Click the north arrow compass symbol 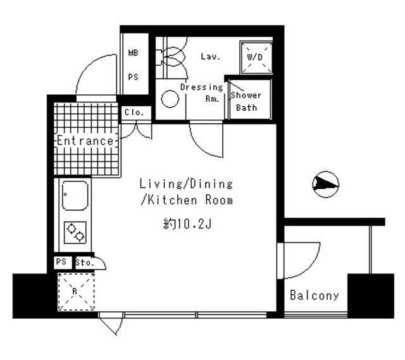[325, 184]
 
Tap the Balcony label [315, 295]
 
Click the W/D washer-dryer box [256, 57]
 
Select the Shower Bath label [246, 101]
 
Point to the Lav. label [210, 57]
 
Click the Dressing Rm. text [202, 92]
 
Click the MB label [134, 54]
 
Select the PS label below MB [134, 77]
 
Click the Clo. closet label [135, 113]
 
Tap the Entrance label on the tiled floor [85, 140]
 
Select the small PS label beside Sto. [61, 262]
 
